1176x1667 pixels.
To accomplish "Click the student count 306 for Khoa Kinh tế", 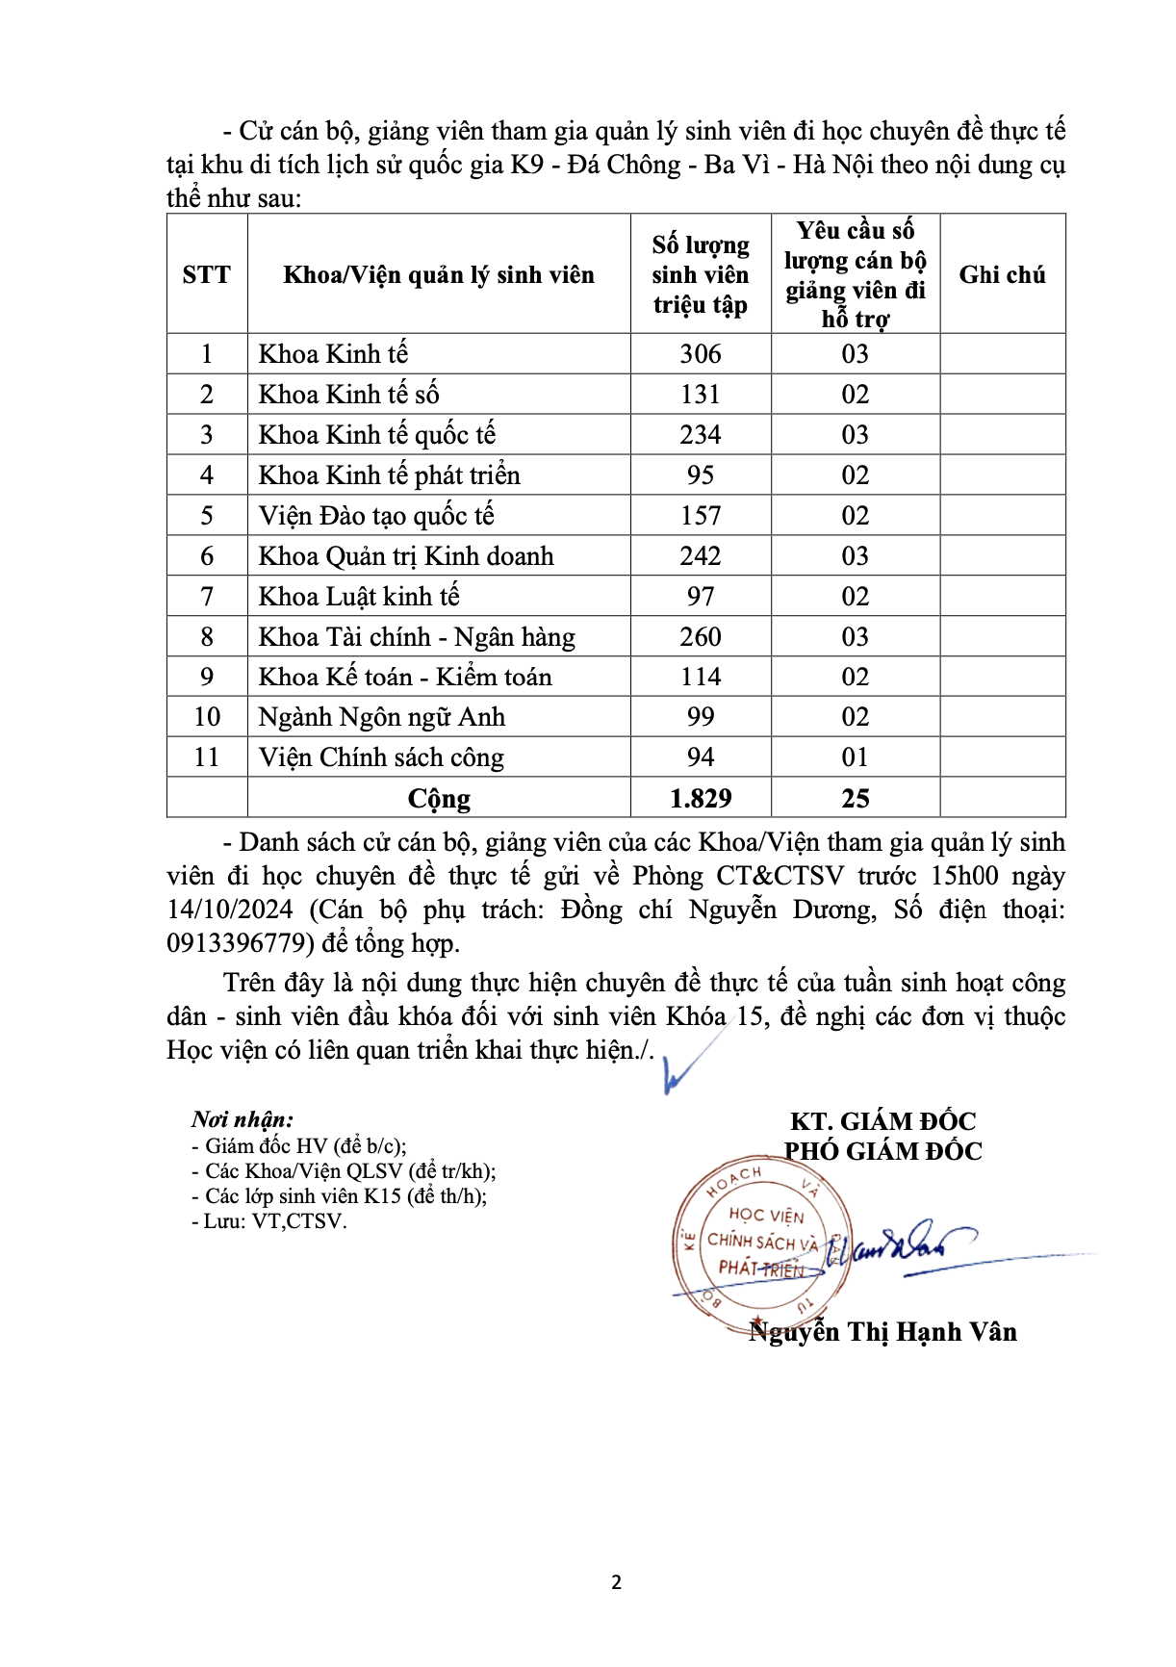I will (x=700, y=354).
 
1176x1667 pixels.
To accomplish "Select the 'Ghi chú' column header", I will (x=1002, y=275).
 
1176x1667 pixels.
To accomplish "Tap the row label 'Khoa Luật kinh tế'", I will (x=359, y=597).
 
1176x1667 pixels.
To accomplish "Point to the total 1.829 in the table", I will (x=700, y=799).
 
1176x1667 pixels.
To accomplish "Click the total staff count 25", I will (x=855, y=799).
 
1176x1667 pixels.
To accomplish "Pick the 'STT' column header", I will (x=207, y=275).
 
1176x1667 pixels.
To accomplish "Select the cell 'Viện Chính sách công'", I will (x=381, y=758).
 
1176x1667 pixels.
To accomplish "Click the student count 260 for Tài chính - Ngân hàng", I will (x=700, y=637).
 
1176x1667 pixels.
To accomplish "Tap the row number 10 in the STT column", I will (x=207, y=717).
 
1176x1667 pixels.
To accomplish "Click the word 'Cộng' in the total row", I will (x=439, y=799).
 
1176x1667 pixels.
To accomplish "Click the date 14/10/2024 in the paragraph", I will (x=230, y=910).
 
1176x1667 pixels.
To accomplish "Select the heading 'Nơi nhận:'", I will (x=243, y=1119).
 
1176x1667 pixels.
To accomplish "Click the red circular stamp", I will (x=760, y=1242).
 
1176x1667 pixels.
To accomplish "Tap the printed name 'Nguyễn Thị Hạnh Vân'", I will (x=882, y=1332).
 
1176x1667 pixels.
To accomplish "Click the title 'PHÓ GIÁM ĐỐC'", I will (x=882, y=1151).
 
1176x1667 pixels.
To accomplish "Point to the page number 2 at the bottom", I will (x=617, y=1582).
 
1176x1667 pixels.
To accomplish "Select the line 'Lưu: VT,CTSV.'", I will (x=269, y=1221).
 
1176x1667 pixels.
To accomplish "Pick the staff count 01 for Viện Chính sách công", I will (x=855, y=758).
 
